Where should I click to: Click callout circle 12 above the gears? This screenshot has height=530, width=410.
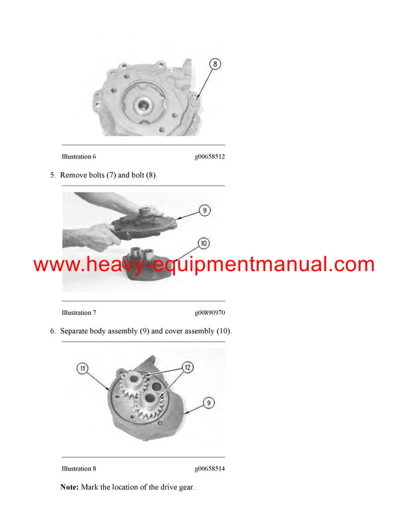point(187,367)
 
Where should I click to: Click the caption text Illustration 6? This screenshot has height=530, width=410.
point(79,156)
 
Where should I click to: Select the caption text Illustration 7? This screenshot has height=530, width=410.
point(79,312)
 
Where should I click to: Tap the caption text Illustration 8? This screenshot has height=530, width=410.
point(79,469)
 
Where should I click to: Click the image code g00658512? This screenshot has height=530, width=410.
point(210,156)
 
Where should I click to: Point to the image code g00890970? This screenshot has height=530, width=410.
point(210,312)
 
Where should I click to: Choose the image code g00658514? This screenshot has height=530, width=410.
point(210,469)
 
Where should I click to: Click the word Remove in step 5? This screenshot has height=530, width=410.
point(74,176)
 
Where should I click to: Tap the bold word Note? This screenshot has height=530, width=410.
point(69,487)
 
